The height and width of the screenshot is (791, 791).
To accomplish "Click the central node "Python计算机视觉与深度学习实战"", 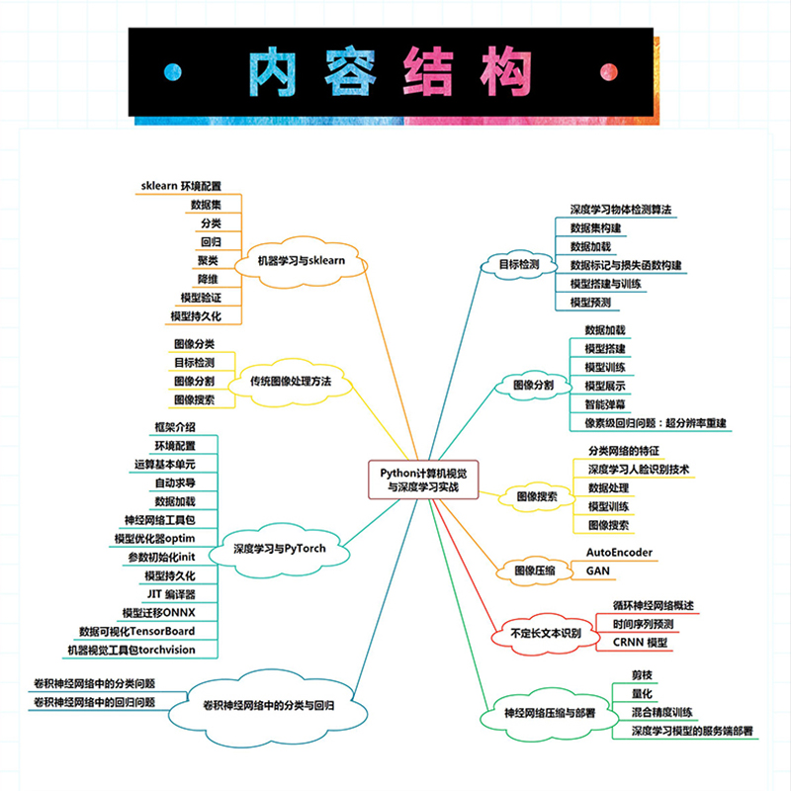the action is coord(423,480).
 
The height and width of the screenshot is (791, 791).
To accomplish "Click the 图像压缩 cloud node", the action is coord(535,571).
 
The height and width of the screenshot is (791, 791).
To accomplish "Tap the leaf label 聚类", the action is coord(208,260).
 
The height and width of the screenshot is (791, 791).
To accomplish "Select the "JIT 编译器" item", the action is coord(170,593).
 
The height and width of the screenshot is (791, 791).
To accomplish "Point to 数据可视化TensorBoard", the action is coord(136,631).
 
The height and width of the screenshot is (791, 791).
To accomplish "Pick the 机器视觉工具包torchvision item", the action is coord(131,650).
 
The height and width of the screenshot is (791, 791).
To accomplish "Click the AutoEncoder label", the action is coord(620,552).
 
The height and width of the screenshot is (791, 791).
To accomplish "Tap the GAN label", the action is coord(598,571).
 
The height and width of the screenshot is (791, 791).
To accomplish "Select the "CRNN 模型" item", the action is coord(641,643).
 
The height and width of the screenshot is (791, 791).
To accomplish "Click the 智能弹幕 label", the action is coord(604,404).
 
